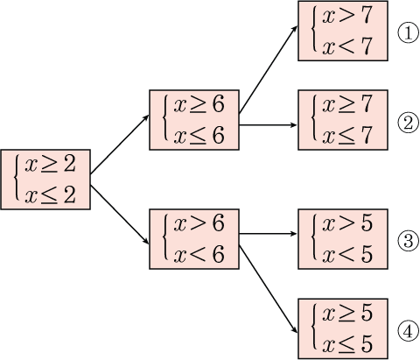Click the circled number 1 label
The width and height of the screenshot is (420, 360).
[x=409, y=33]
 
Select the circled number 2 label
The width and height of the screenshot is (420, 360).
[x=409, y=123]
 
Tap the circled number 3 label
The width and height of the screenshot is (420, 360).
[x=409, y=241]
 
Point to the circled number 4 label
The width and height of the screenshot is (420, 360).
[x=409, y=330]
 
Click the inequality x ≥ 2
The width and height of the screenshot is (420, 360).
[x=50, y=165]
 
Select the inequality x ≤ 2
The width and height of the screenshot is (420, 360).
[x=50, y=195]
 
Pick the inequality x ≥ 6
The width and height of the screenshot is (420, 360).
[x=199, y=104]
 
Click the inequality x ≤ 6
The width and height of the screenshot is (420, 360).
[x=199, y=136]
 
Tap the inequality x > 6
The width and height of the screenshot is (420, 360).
[x=199, y=223]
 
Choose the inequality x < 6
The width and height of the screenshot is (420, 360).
[x=199, y=254]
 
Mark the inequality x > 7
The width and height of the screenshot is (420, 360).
[x=347, y=15]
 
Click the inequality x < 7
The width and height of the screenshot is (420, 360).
[x=347, y=46]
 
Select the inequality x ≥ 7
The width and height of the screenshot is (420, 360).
[x=347, y=104]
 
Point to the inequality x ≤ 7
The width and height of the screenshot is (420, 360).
[x=347, y=136]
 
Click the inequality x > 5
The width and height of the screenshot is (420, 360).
[x=347, y=223]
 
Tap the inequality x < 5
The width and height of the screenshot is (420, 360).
[x=347, y=254]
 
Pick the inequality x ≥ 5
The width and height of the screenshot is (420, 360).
[x=347, y=313]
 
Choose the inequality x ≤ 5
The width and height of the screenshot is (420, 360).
[x=347, y=344]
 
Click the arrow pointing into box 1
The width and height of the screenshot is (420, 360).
[x=269, y=69]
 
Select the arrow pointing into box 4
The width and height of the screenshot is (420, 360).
[x=269, y=289]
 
